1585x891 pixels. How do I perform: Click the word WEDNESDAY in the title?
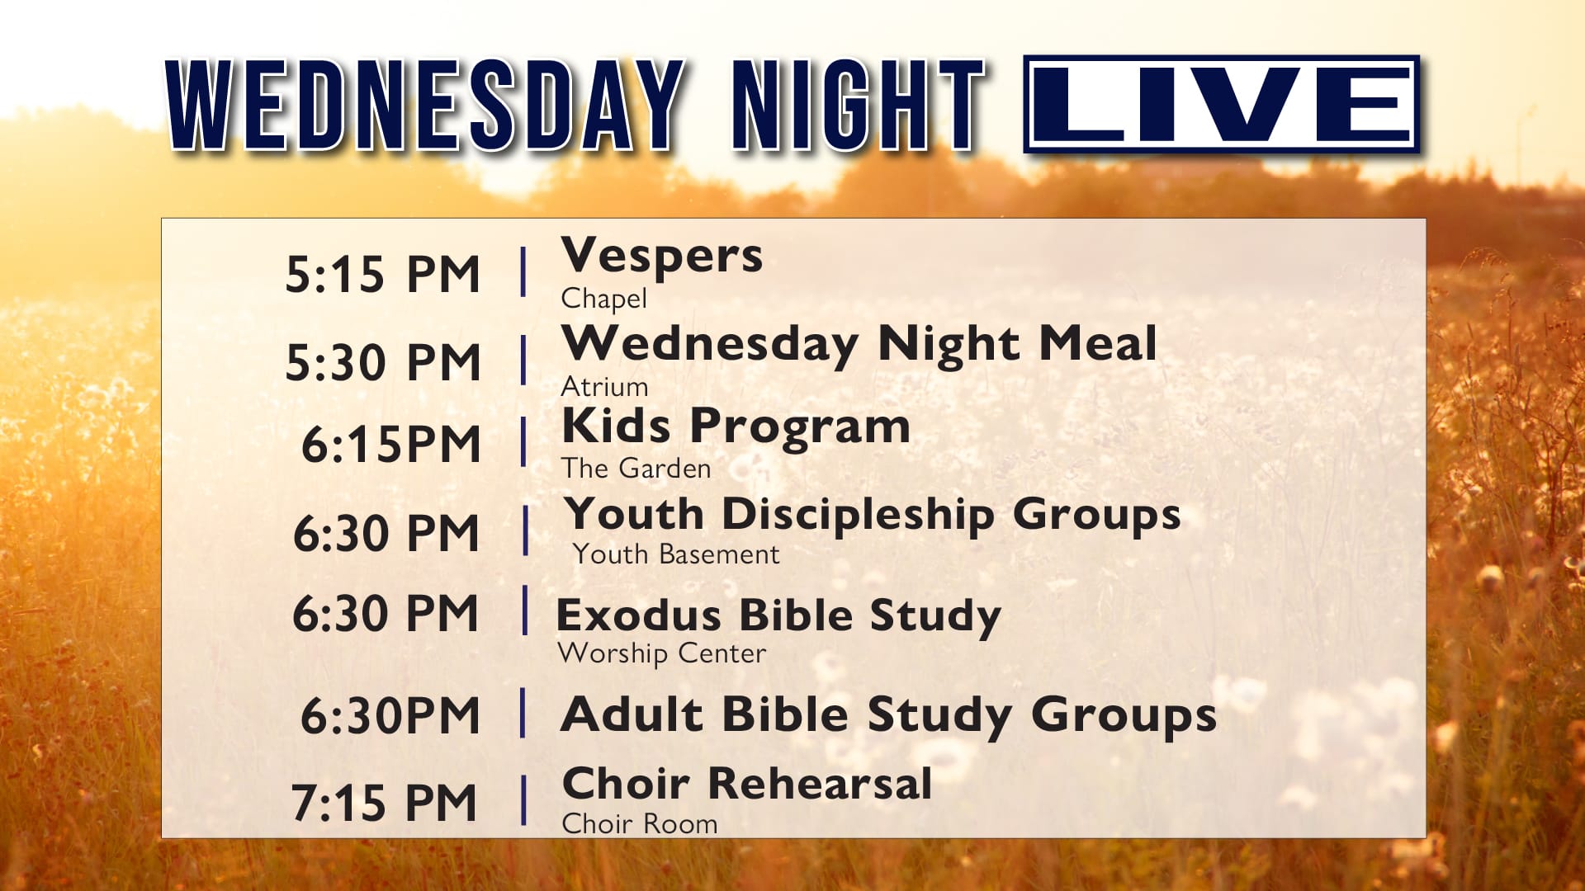(x=425, y=105)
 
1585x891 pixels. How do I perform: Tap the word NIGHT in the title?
(x=859, y=105)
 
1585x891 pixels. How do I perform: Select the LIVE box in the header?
(x=1222, y=104)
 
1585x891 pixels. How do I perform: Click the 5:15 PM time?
(x=382, y=274)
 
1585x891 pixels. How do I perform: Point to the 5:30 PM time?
(x=382, y=362)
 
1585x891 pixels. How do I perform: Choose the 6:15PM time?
(x=390, y=444)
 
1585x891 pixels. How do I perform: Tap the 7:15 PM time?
(x=385, y=803)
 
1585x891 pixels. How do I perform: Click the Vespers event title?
(x=662, y=256)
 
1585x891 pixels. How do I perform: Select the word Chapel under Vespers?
(x=604, y=299)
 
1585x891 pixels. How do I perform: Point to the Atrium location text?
(x=604, y=386)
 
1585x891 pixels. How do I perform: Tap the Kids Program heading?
(x=736, y=427)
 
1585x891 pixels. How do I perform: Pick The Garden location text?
(x=636, y=468)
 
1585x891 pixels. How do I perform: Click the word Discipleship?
(x=859, y=516)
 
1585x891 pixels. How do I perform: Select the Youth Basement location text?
(x=676, y=554)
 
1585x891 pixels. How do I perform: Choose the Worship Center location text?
(x=662, y=653)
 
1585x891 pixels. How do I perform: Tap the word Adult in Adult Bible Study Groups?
(x=632, y=714)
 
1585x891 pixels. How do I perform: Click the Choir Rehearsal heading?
(x=747, y=783)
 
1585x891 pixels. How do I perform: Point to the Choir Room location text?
(x=640, y=823)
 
